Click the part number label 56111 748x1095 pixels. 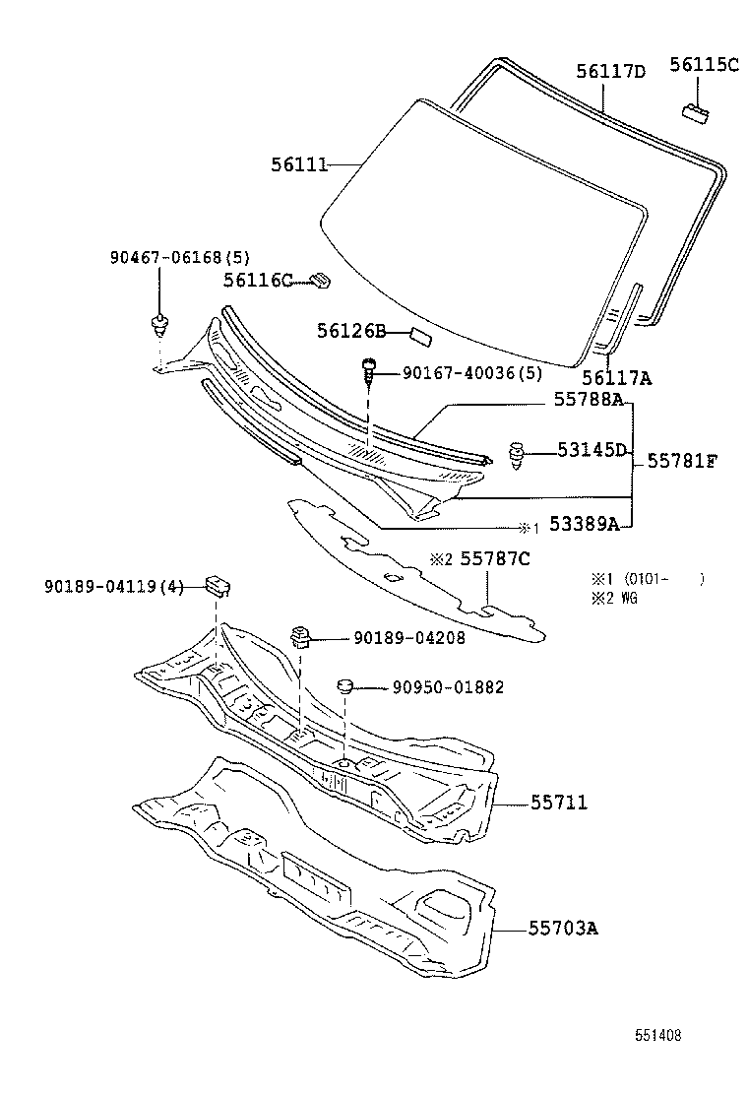click(299, 164)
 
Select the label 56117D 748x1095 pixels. click(610, 71)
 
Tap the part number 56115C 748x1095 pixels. click(704, 65)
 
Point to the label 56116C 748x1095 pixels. click(257, 281)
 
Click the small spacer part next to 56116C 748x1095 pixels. click(319, 281)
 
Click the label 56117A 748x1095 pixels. click(616, 376)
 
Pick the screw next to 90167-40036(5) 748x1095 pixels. click(370, 371)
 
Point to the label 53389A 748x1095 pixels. click(584, 524)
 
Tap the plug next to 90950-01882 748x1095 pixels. click(345, 686)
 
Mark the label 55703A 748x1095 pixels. click(564, 928)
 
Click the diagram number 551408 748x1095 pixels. click(656, 1035)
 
